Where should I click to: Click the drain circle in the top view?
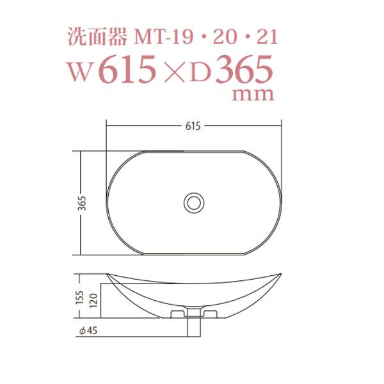pos(193,202)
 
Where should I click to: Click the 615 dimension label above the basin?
pos(193,126)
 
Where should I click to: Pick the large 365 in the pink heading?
pos(244,71)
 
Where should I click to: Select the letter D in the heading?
pos(200,72)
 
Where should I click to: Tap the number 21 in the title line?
pos(267,37)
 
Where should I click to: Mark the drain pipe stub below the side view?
pos(193,325)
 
